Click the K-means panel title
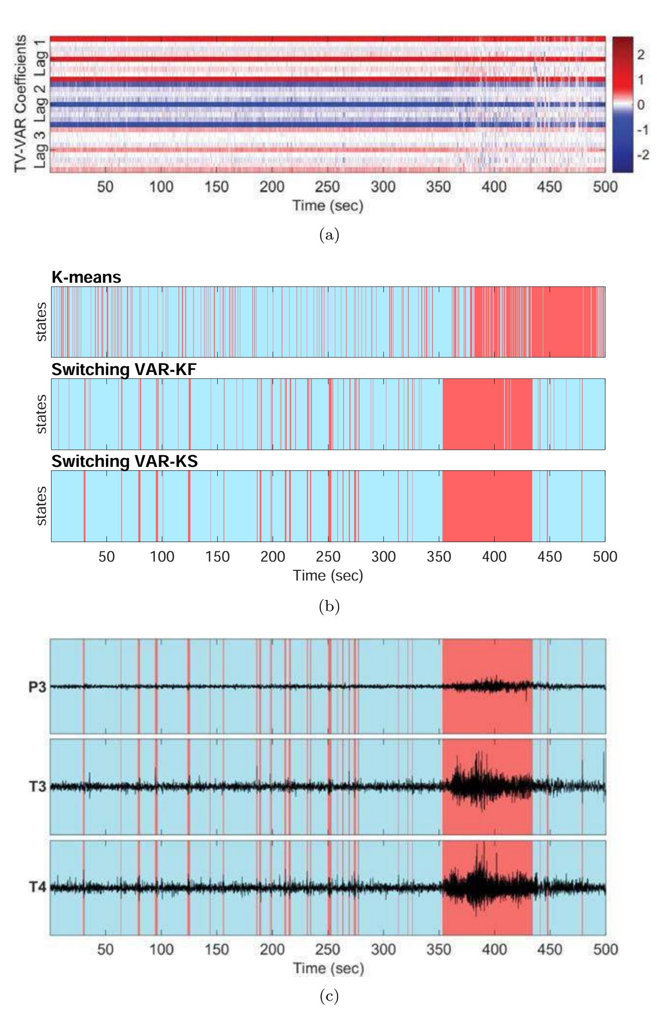pos(86,278)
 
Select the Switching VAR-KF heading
pos(123,370)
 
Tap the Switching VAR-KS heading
pos(124,462)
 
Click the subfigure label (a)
pos(328,236)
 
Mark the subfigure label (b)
pos(328,606)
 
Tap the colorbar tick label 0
pos(640,105)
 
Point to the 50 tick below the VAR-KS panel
pos(106,557)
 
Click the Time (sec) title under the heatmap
pos(328,206)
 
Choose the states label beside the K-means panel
pos(42,322)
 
